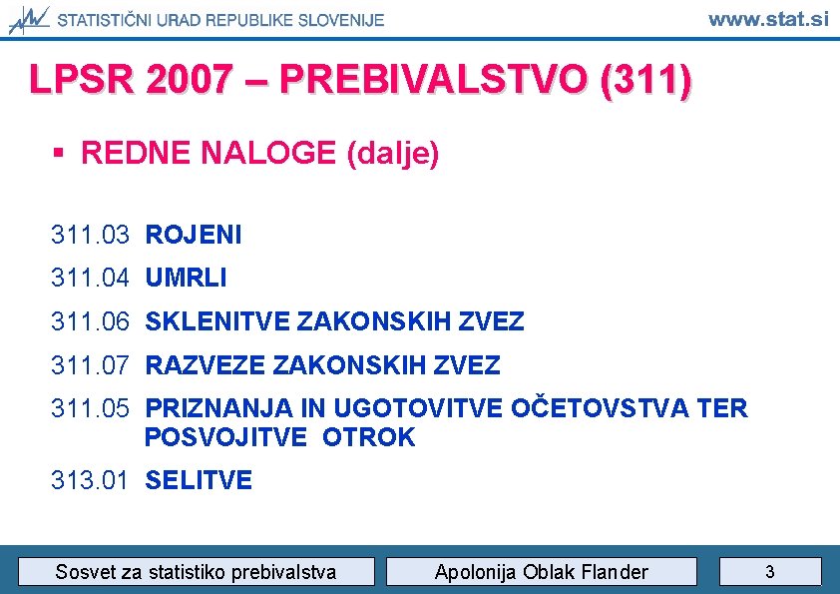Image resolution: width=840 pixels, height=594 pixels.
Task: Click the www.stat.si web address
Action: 768,19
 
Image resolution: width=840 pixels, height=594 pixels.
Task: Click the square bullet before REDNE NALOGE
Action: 60,154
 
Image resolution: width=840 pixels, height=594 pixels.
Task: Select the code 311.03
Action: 90,235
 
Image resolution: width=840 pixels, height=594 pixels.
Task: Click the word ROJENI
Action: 194,235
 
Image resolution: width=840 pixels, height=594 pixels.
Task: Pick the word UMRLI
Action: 186,278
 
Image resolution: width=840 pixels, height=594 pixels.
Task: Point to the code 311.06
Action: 90,321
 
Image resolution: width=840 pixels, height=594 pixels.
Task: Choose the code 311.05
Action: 90,408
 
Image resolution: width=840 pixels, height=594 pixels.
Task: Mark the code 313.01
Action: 90,480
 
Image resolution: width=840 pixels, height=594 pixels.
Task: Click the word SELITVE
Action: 199,480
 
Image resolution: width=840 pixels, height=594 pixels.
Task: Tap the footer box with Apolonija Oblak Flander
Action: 541,572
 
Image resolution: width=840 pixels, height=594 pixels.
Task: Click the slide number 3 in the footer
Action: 769,572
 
